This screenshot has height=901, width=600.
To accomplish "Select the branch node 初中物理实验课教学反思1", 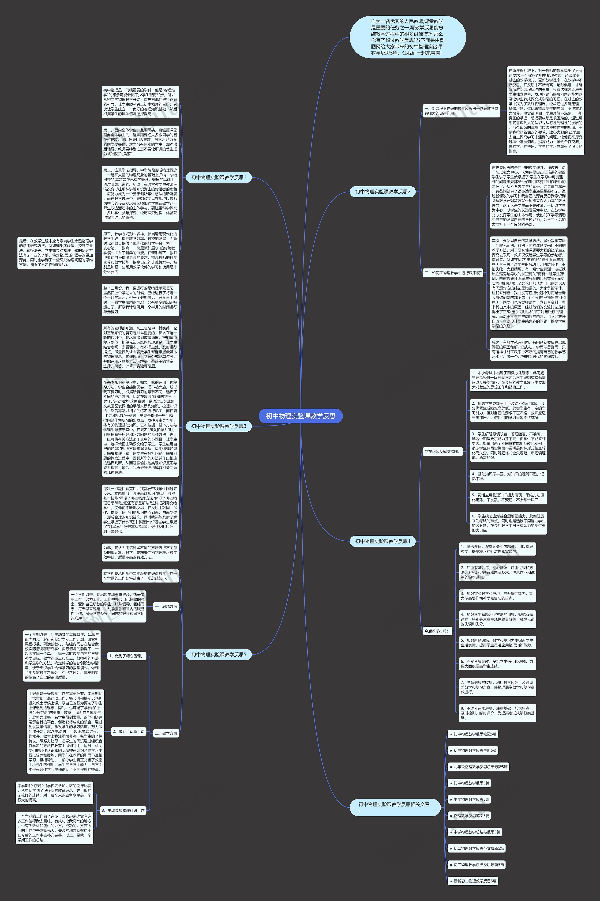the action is click(x=218, y=177).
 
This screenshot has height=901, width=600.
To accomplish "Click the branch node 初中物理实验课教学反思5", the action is click(x=218, y=655).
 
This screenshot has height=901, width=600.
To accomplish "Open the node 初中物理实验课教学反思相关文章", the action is click(x=394, y=807).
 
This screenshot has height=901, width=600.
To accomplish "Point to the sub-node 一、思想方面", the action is click(x=166, y=606).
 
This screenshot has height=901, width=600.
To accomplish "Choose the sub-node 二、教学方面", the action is click(x=166, y=733).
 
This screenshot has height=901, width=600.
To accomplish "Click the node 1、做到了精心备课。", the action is click(x=126, y=656).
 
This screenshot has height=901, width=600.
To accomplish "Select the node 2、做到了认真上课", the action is click(x=129, y=731).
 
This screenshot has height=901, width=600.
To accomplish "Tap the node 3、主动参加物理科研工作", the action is click(x=123, y=810).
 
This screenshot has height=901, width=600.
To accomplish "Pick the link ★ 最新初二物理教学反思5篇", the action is click(x=473, y=881).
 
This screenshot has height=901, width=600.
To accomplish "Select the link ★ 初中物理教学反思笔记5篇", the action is click(x=473, y=734).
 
